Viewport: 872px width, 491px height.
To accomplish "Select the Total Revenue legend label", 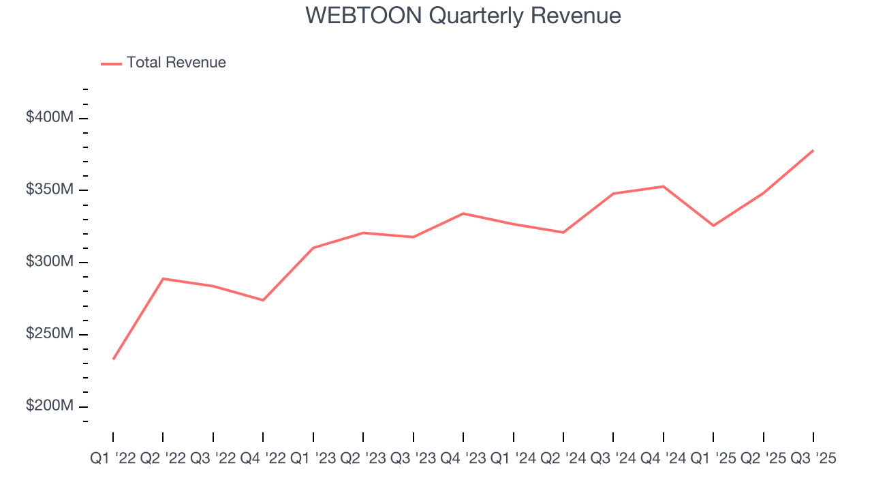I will [176, 63].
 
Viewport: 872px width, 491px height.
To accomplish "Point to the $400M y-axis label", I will [49, 118].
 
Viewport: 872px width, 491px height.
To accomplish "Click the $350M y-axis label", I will [49, 190].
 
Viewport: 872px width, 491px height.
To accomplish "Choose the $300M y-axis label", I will [49, 262].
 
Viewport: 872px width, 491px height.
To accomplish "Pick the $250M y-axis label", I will [49, 334].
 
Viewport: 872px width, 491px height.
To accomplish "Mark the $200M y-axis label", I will [49, 406].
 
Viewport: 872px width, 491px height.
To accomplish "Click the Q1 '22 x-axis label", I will [113, 460].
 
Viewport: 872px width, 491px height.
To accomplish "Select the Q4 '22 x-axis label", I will [263, 460].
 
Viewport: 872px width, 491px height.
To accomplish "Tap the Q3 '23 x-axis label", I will [414, 460].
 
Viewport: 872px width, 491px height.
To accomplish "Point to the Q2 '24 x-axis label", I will [563, 460].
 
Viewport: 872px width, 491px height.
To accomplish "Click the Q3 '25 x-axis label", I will [813, 460].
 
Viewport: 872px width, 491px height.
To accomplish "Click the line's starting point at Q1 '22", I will [113, 359].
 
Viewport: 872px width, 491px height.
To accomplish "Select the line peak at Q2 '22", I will [163, 278].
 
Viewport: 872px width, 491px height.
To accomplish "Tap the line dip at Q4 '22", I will [263, 300].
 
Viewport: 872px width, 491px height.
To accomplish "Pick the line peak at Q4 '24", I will [664, 186].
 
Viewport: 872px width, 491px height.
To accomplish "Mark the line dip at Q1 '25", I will [713, 226].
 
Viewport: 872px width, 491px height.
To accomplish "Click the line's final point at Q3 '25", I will [813, 150].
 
